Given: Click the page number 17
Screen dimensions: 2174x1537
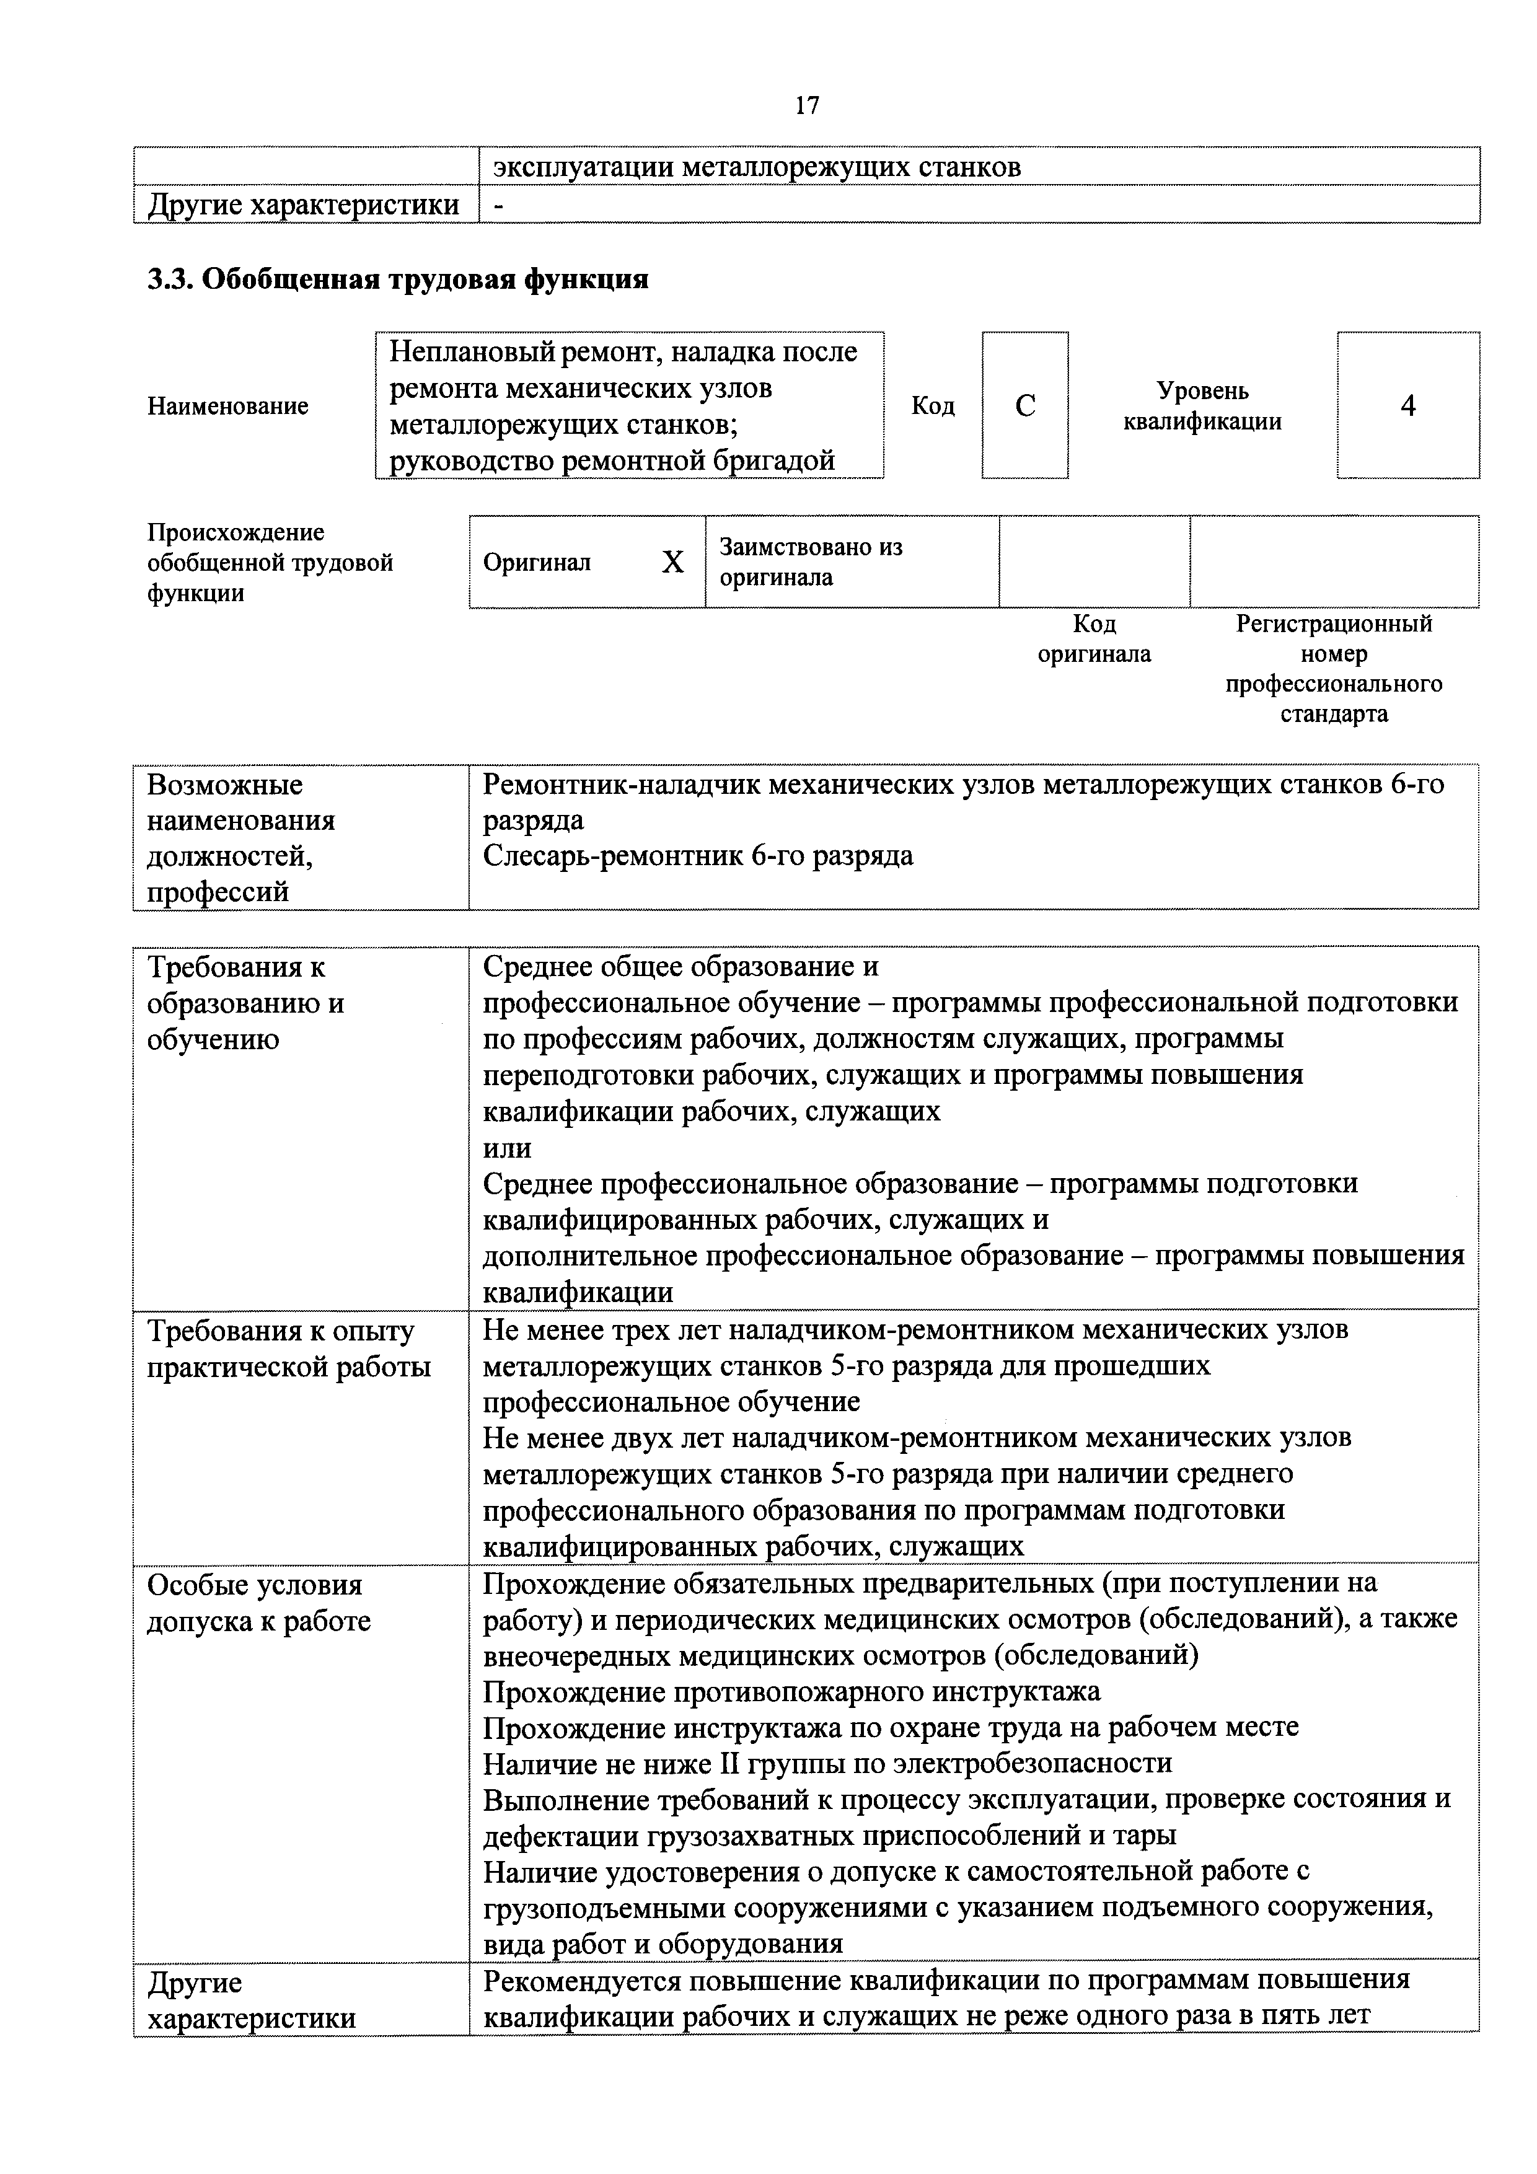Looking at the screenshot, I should [x=807, y=106].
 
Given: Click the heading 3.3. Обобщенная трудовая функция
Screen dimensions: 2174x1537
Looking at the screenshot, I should [x=398, y=279].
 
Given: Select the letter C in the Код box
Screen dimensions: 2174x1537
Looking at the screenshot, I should [x=1024, y=406].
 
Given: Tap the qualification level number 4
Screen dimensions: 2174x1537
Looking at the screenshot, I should [x=1407, y=406].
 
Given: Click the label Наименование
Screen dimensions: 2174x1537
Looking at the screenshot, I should [x=228, y=406].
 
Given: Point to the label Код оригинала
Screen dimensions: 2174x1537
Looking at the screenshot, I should [x=1094, y=639].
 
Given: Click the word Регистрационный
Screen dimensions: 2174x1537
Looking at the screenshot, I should [x=1333, y=624].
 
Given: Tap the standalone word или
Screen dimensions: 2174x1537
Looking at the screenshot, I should [x=506, y=1148].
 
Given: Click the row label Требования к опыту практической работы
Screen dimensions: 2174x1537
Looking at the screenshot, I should [x=289, y=1349].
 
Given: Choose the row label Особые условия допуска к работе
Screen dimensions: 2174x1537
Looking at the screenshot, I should [x=258, y=1603].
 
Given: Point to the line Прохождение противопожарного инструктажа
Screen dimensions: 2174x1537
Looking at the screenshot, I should [x=791, y=1691].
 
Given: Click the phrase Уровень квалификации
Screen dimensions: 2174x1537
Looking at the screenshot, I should [x=1203, y=406].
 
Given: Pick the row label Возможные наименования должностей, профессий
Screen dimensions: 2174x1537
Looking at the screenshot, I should [x=242, y=838].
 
